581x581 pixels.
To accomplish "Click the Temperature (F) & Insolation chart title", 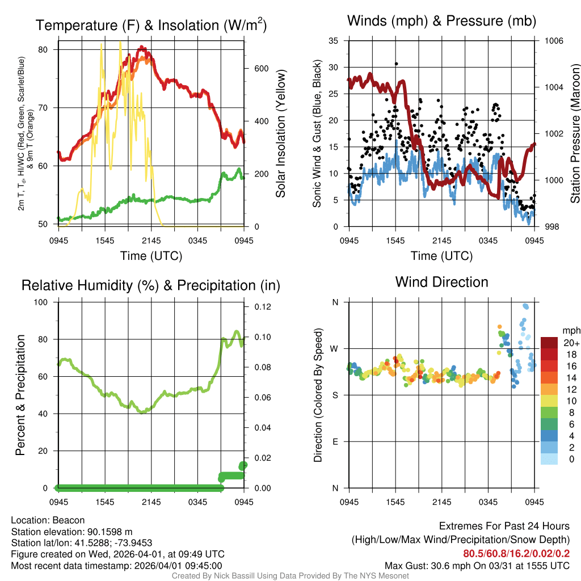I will (x=151, y=26).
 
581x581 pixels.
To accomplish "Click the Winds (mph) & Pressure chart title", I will (x=441, y=21).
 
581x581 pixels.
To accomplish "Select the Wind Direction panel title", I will (x=441, y=282).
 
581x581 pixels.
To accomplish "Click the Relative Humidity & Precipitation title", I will (x=151, y=285).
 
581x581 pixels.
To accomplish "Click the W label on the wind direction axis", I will (x=334, y=348).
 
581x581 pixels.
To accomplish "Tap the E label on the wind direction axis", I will (x=335, y=441).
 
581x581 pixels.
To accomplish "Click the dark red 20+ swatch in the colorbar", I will (x=549, y=343).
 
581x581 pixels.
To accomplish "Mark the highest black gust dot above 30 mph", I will (x=396, y=64).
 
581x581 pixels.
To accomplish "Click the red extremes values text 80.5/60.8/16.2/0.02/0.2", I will (x=516, y=554).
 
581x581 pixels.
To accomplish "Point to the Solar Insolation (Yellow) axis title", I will (x=280, y=134).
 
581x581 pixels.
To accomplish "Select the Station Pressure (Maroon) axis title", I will (x=574, y=134).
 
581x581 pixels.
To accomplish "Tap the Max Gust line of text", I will (x=477, y=565).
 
